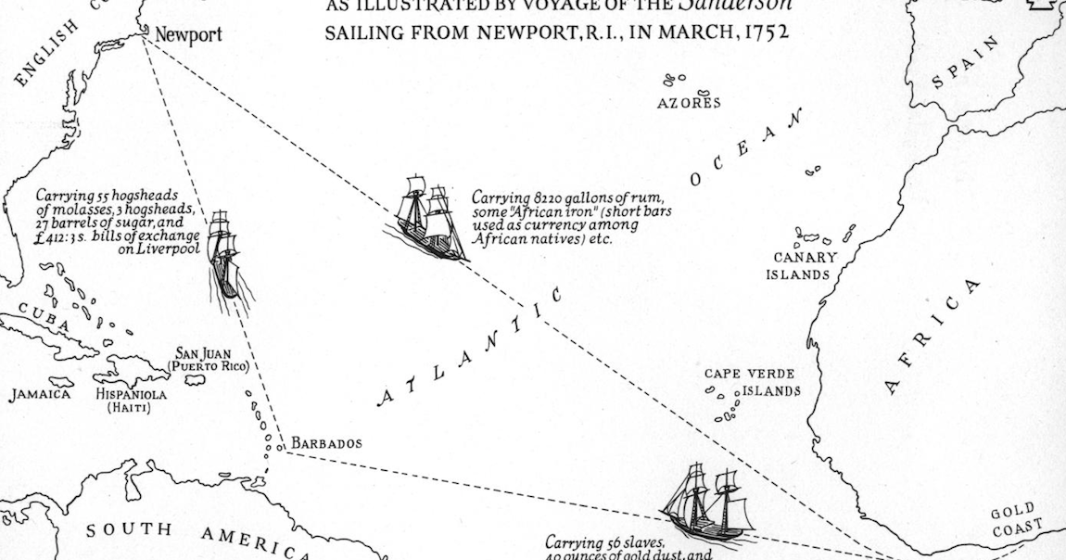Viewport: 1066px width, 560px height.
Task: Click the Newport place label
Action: coord(188,36)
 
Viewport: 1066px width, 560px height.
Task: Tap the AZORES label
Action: coord(689,102)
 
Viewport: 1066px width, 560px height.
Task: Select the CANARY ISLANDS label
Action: coord(800,266)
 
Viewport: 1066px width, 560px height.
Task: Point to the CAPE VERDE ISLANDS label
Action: coord(751,382)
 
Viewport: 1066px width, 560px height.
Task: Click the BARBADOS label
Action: coord(326,443)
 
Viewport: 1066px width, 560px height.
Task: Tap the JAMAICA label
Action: coord(40,395)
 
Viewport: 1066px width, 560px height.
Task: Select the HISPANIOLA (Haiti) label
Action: coord(131,400)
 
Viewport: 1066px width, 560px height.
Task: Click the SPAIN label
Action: coord(966,63)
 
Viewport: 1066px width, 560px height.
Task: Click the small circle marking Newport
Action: coord(146,34)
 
